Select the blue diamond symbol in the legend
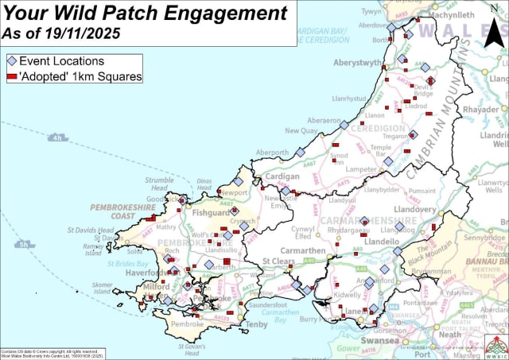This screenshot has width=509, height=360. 11,61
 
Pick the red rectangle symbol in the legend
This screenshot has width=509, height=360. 11,76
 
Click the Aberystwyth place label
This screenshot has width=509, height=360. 359,63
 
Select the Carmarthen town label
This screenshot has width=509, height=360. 303,251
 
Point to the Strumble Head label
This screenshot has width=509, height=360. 159,184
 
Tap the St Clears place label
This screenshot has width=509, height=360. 279,261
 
